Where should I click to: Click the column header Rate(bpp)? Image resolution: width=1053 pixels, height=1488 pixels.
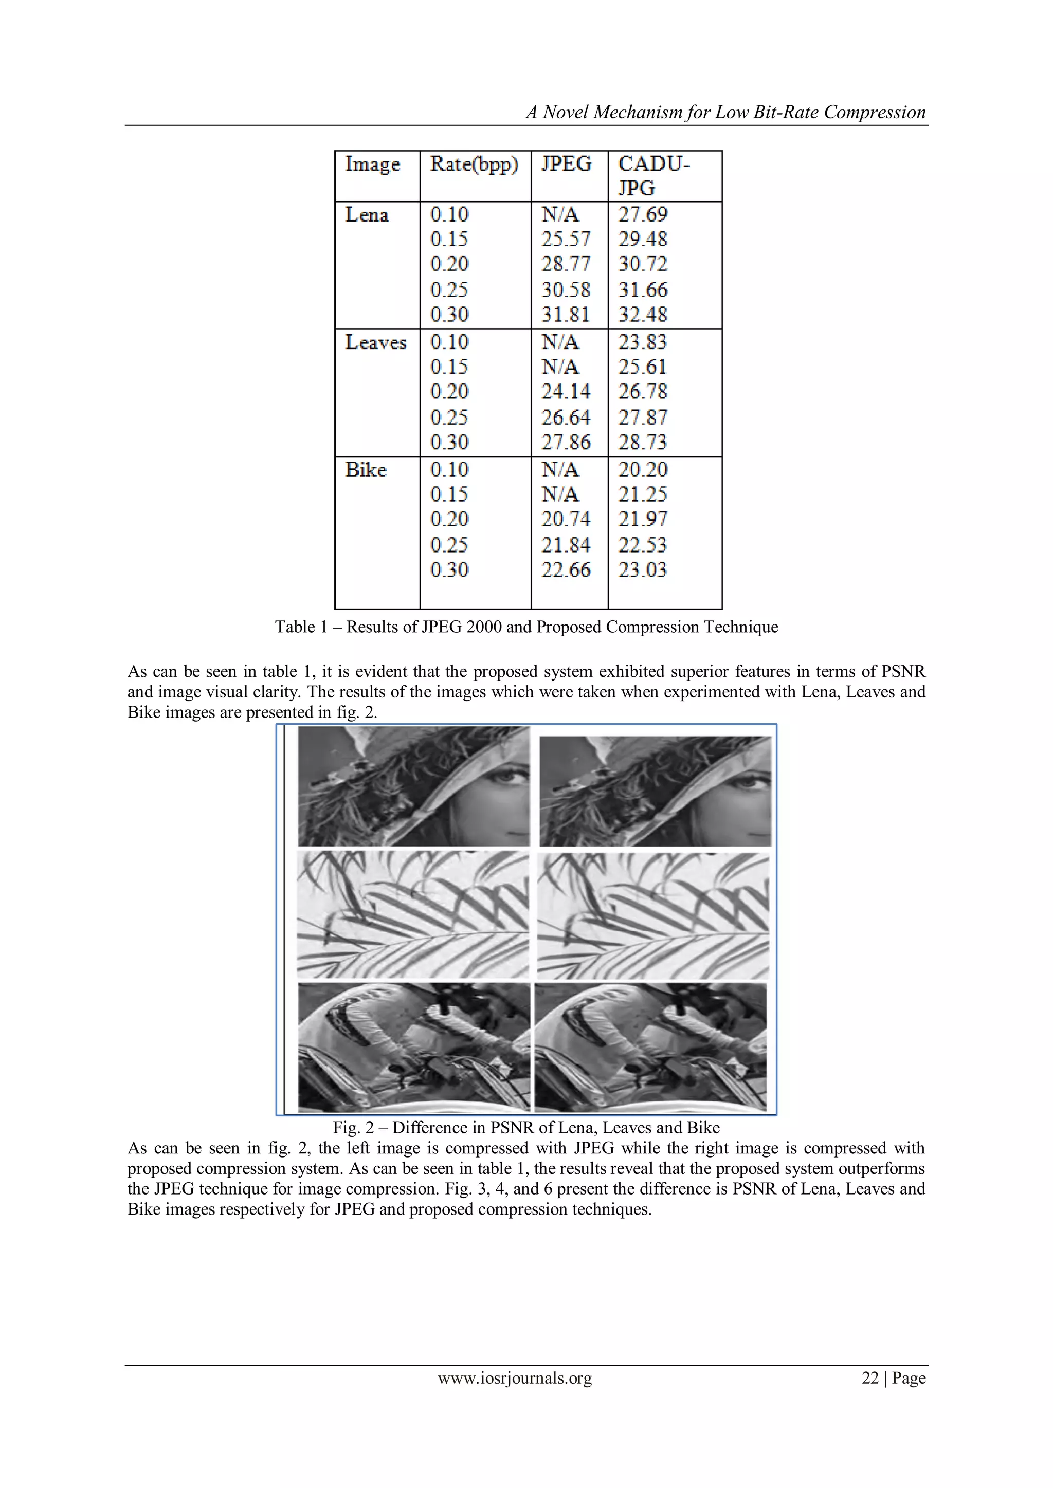point(474,164)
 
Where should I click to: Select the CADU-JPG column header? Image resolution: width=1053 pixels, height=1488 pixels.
point(653,176)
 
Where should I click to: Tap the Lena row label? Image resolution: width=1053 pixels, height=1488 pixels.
point(367,214)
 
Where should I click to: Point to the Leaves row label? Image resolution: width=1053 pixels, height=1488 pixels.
point(375,342)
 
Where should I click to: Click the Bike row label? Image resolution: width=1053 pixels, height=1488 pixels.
point(366,470)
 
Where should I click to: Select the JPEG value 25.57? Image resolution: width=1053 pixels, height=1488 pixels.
point(566,239)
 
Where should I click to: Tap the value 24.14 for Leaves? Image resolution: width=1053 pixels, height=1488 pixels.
point(566,392)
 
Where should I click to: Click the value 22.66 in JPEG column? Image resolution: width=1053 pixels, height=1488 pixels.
point(566,570)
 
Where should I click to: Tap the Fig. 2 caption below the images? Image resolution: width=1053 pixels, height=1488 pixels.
point(526,1128)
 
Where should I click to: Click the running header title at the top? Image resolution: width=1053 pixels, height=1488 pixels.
point(725,112)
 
